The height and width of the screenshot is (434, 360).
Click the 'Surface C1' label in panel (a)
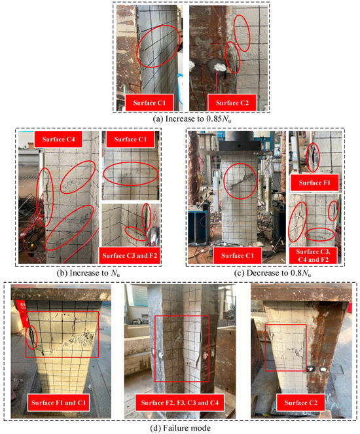pyautogui.click(x=149, y=103)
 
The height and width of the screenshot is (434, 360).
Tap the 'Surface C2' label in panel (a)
pyautogui.click(x=232, y=103)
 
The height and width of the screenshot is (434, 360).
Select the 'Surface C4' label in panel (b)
pyautogui.click(x=58, y=139)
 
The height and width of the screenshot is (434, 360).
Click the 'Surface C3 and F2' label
pyautogui.click(x=130, y=255)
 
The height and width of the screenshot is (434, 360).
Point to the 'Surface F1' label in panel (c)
pyautogui.click(x=314, y=183)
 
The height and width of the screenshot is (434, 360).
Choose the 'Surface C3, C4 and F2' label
pyautogui.click(x=313, y=255)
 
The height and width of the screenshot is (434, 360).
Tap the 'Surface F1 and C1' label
pyautogui.click(x=58, y=403)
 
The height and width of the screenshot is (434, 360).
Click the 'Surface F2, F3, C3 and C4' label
pyautogui.click(x=179, y=403)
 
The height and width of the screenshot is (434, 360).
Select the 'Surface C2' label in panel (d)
pyautogui.click(x=301, y=403)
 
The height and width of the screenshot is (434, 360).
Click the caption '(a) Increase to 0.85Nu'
pyautogui.click(x=192, y=118)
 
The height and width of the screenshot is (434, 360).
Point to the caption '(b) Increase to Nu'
pyautogui.click(x=88, y=273)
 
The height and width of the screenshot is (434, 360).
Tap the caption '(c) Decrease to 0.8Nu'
pyautogui.click(x=272, y=273)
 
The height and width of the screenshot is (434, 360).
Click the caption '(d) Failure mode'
pyautogui.click(x=180, y=428)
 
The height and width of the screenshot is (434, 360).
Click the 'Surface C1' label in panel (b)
pyautogui.click(x=130, y=139)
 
